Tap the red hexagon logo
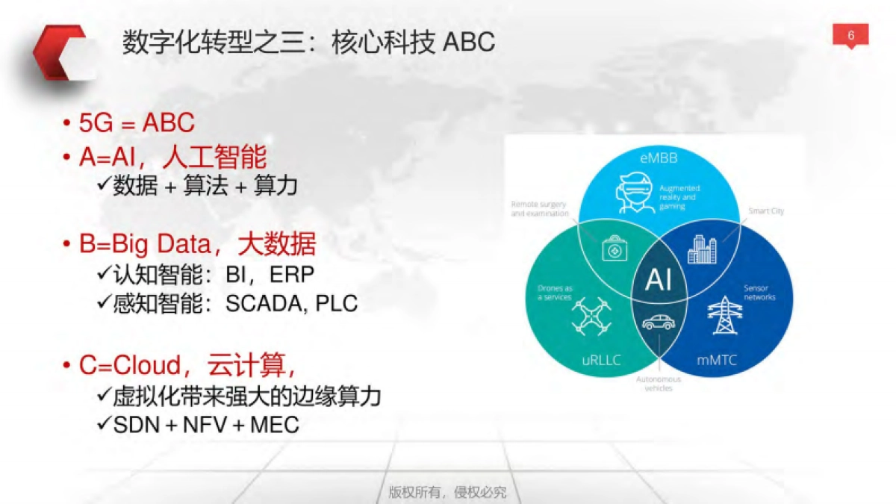(x=61, y=52)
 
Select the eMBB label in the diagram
(x=659, y=158)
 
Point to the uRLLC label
(x=601, y=361)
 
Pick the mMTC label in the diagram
(x=717, y=361)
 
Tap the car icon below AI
(x=658, y=322)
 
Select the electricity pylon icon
(x=723, y=315)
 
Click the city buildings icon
(x=701, y=249)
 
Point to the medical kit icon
(x=615, y=249)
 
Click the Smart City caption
(x=766, y=211)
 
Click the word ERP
(x=292, y=274)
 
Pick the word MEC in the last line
(x=274, y=425)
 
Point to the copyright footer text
(x=447, y=492)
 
